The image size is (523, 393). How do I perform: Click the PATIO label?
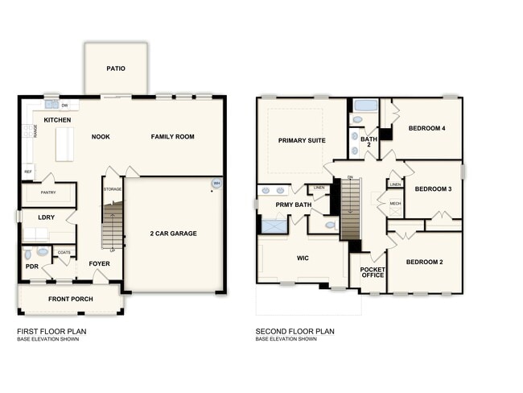coord(116,68)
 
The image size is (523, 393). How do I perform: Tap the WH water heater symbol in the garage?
coord(216,184)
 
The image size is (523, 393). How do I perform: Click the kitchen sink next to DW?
coord(51,105)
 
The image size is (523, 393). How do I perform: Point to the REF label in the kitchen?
coord(27,172)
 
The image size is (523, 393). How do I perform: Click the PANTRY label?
coord(47,193)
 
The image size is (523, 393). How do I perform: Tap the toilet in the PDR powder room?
coord(42,252)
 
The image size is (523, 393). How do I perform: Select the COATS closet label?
coord(64,252)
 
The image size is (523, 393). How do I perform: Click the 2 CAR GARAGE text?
coord(174,234)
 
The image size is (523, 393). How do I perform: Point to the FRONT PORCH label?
coord(69,300)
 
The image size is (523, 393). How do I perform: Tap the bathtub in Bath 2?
coord(366,105)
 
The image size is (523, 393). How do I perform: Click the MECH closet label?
coord(395,204)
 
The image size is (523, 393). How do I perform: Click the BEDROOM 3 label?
coord(433,188)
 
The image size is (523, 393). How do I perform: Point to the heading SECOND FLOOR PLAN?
coord(294,331)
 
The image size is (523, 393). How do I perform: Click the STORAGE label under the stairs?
coord(112,189)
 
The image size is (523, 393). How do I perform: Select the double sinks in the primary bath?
coord(273,191)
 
